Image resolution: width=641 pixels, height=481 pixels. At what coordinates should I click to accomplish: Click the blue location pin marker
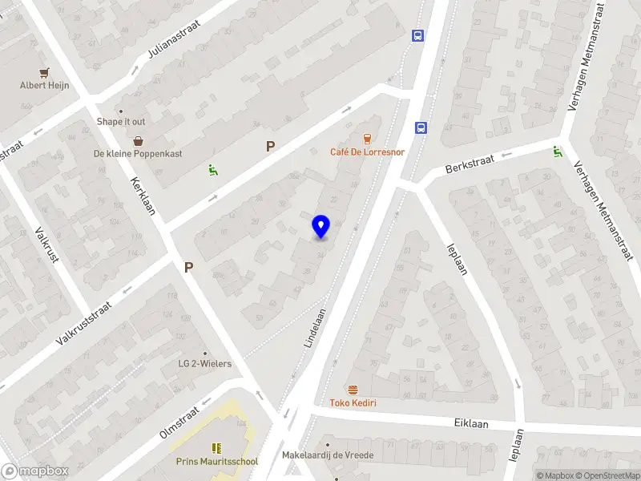coord(320,226)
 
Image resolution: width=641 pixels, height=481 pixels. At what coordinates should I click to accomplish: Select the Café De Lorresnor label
coord(368,152)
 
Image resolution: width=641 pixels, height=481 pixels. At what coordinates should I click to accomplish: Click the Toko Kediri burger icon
coord(353,390)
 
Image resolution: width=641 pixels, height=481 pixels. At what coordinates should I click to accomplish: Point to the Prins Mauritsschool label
coord(217,462)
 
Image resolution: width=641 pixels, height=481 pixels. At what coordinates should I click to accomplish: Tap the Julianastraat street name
coord(174,39)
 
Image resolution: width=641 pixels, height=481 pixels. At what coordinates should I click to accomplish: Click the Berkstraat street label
coord(470,164)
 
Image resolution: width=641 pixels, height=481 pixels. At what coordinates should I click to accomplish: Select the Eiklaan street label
coord(470,423)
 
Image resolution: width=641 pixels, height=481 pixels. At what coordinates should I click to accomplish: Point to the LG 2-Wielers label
coord(204,364)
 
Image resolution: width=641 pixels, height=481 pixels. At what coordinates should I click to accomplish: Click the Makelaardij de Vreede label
coord(328,455)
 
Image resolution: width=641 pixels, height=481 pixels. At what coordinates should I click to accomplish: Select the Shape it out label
coord(121,122)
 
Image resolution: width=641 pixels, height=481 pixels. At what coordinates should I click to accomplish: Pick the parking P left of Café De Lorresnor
coord(270,147)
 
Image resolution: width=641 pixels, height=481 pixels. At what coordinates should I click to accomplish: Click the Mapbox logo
coord(34,471)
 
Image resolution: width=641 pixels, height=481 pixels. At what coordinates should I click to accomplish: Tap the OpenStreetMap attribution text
coord(607,475)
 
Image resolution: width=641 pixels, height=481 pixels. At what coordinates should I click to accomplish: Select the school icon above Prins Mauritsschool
coord(216,448)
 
